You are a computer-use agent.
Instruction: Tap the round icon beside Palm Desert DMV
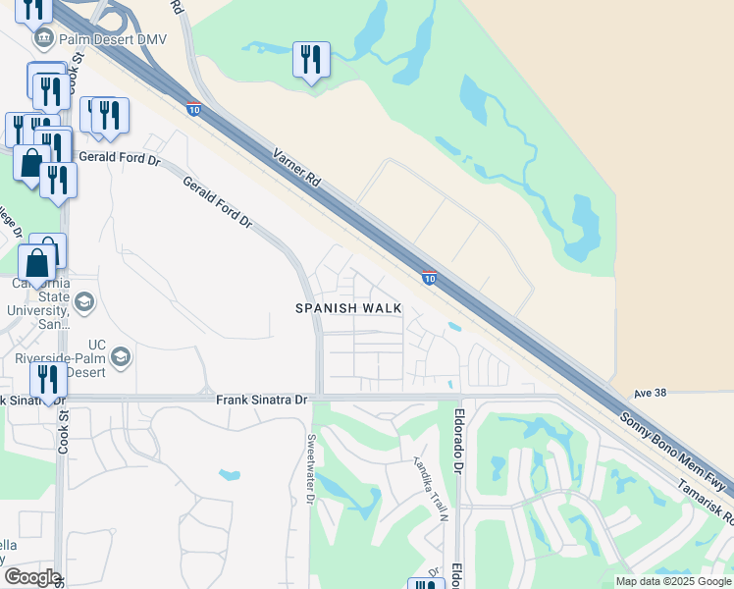(44, 40)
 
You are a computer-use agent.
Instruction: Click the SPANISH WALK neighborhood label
(349, 308)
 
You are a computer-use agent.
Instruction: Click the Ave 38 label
(650, 393)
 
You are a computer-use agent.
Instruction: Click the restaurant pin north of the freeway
(311, 60)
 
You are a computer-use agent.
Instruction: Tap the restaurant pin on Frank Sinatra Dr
(48, 379)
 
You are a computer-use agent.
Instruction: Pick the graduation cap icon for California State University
(83, 301)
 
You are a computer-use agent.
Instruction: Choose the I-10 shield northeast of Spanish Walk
(429, 278)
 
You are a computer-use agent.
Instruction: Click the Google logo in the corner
(31, 577)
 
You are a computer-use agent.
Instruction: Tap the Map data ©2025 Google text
(673, 581)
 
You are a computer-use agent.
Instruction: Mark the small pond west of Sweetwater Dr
(230, 475)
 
